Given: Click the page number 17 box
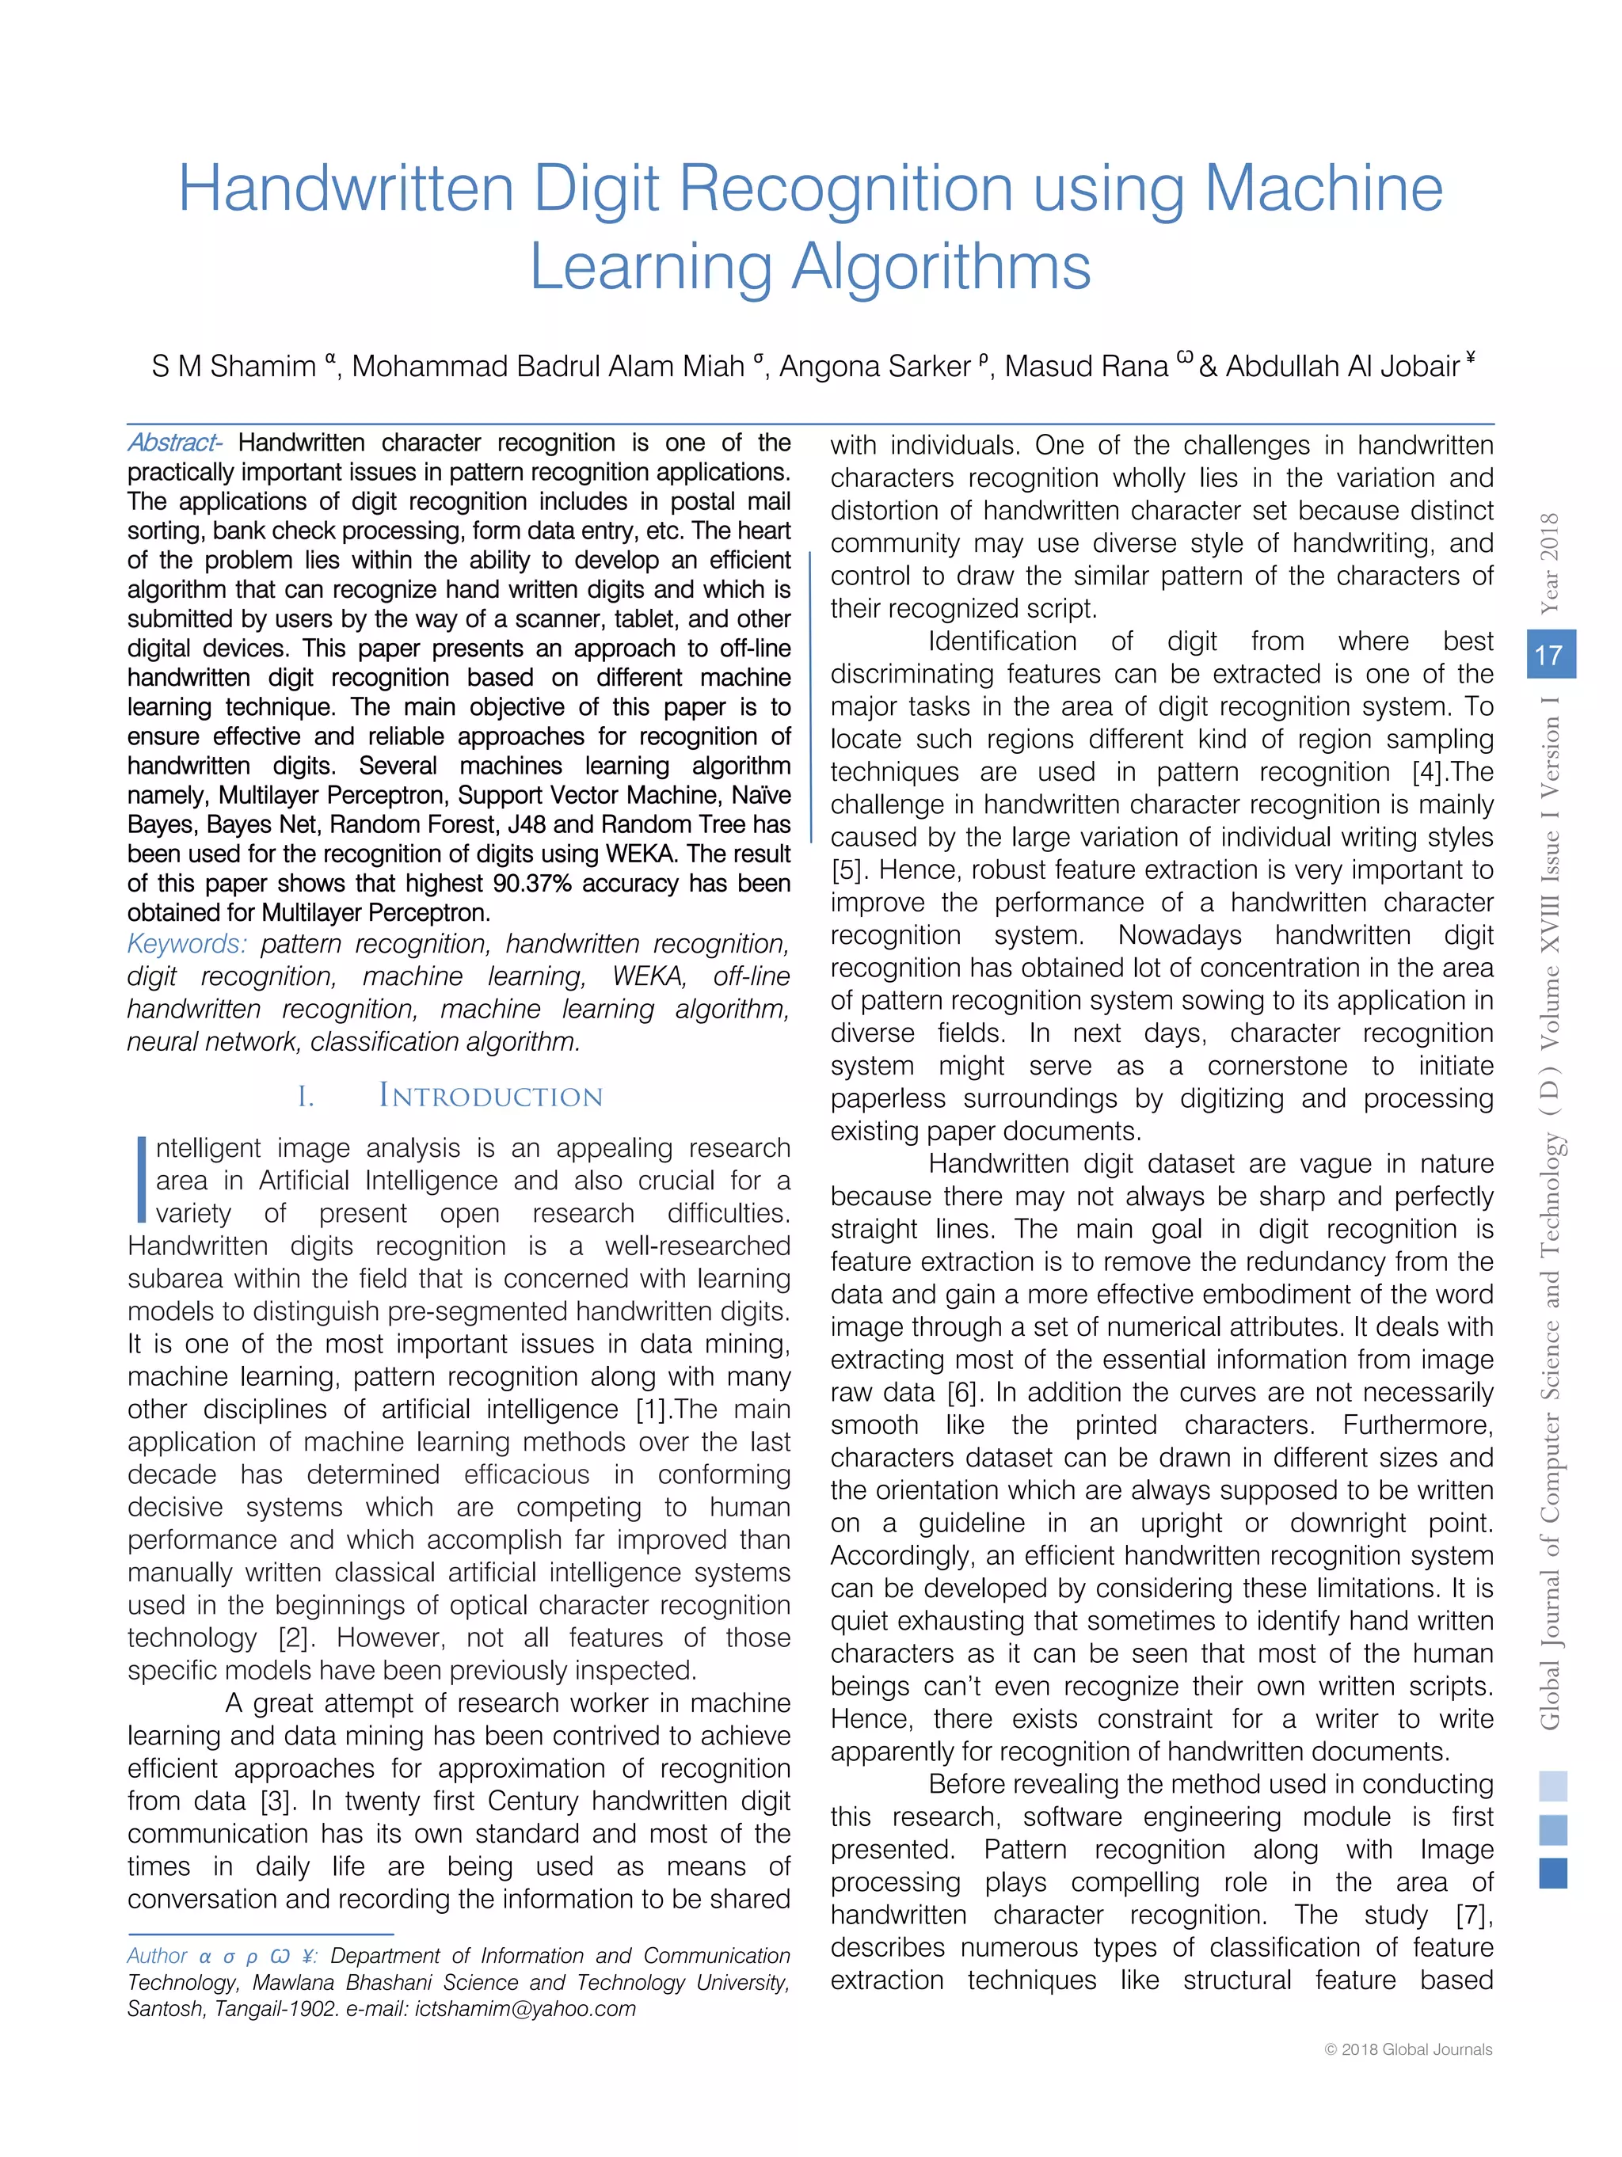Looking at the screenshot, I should point(1549,654).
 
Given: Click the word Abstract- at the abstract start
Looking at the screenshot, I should point(174,443).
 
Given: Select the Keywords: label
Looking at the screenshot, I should point(187,944).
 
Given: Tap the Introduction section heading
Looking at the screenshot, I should point(489,1095).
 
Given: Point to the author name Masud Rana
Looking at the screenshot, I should point(1086,367).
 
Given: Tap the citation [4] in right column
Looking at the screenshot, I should point(1429,772).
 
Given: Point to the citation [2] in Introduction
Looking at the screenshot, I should point(295,1638).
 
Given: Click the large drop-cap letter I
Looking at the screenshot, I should point(142,1179).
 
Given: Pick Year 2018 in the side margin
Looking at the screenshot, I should point(1549,563).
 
